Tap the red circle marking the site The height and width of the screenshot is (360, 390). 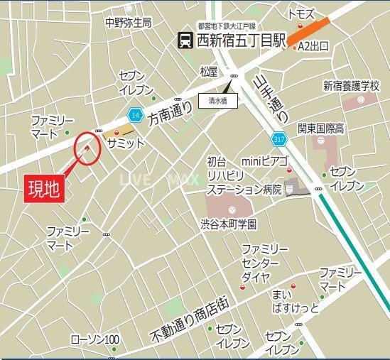(x=87, y=148)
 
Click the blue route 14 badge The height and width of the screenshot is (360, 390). (x=135, y=114)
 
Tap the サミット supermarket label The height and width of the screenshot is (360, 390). (x=126, y=143)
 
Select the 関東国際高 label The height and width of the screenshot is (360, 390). (x=322, y=129)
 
